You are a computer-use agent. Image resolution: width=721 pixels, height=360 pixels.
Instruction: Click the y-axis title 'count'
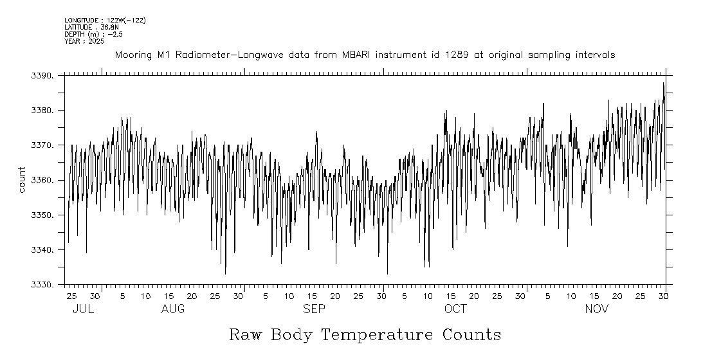tap(22, 180)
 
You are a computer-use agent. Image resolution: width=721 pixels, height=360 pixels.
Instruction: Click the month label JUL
tap(84, 309)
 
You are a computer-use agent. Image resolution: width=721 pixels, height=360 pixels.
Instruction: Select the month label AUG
tap(173, 309)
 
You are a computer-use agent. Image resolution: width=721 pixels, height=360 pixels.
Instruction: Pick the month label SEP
tap(315, 309)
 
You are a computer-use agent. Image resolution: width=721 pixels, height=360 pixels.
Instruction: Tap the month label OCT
tap(455, 309)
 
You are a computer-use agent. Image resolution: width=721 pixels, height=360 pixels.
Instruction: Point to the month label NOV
tap(597, 309)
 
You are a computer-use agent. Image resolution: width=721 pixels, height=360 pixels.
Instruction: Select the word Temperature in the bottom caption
tap(379, 335)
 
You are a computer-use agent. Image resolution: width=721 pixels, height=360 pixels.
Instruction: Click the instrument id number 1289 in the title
tap(460, 55)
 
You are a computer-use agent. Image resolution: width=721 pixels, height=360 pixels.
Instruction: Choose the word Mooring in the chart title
tap(133, 55)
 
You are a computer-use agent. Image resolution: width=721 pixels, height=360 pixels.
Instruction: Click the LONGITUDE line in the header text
tap(105, 21)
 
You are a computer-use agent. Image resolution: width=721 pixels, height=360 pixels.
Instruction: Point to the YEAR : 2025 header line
tap(84, 41)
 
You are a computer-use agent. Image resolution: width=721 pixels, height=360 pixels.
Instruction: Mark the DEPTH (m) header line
tap(93, 34)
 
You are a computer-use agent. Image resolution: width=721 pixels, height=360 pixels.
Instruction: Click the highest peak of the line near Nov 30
tap(663, 83)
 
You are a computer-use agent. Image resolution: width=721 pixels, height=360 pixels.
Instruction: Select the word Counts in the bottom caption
tap(471, 335)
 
